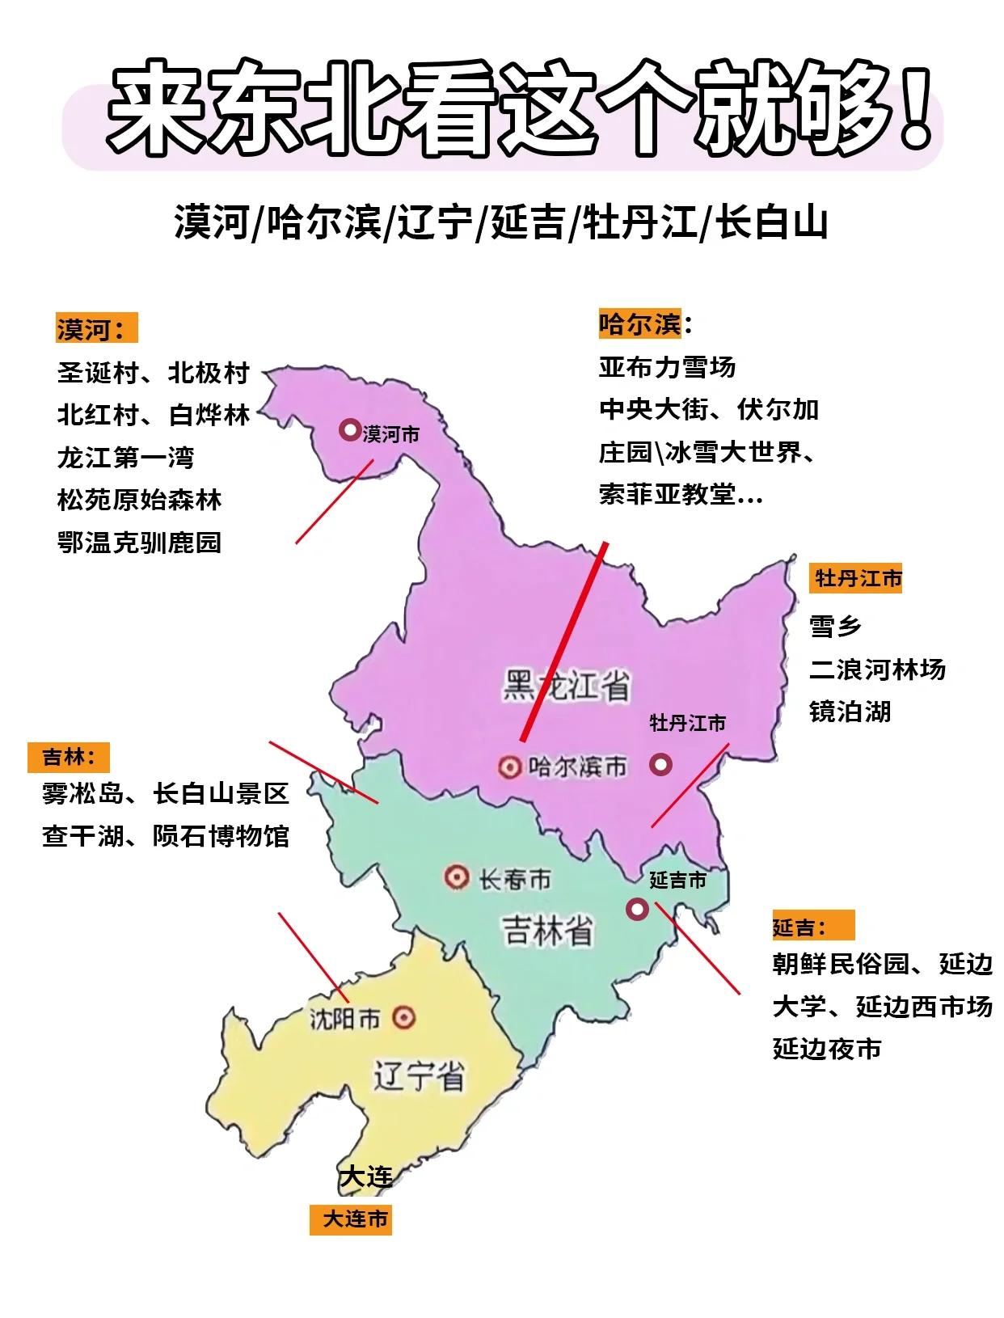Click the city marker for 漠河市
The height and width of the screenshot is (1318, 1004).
point(349,430)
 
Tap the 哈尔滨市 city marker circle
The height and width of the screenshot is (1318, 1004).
point(509,767)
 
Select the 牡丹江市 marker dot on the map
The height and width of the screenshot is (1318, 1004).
point(661,764)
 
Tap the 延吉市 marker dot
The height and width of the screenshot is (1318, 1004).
point(637,910)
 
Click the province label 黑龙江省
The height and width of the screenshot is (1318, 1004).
point(566,686)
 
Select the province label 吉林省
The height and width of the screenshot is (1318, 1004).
point(548,930)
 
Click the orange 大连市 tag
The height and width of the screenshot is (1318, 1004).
point(351,1219)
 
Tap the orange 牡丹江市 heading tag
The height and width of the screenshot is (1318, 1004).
point(857,579)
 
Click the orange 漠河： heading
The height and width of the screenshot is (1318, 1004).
point(96,328)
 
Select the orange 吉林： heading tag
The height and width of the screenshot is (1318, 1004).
point(69,758)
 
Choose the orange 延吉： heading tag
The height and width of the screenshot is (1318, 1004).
point(812,927)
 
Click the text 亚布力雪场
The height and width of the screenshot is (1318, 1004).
point(667,367)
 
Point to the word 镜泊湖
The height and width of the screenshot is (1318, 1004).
point(850,712)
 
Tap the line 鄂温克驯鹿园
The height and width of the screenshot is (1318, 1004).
point(139,543)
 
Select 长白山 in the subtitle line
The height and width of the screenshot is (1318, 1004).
point(773,222)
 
